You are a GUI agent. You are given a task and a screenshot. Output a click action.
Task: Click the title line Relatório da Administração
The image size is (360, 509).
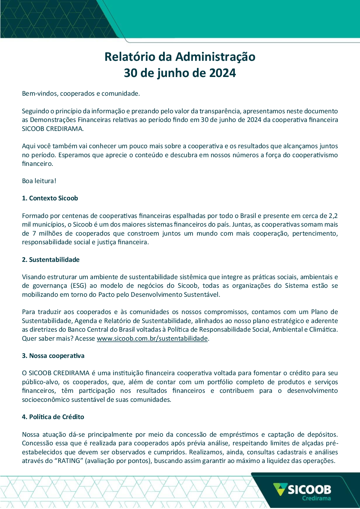(180, 57)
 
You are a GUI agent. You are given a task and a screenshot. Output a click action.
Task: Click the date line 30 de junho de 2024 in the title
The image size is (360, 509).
(180, 73)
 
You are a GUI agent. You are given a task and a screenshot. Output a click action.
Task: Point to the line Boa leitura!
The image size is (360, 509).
(39, 181)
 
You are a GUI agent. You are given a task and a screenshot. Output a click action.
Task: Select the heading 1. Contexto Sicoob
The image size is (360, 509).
(50, 198)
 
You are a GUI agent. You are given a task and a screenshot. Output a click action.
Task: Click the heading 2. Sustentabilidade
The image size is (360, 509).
(50, 260)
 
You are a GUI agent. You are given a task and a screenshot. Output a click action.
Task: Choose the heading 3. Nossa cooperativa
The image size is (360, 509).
(53, 356)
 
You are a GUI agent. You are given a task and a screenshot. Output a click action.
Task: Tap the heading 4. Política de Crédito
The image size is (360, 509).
(53, 417)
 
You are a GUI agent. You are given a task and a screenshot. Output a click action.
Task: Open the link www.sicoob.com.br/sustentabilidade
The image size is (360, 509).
(152, 338)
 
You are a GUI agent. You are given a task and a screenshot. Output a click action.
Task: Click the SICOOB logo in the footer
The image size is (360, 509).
(302, 490)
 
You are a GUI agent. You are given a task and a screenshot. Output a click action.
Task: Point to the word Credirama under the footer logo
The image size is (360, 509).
(316, 499)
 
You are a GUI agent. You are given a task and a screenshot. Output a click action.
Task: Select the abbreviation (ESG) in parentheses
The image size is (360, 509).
(78, 286)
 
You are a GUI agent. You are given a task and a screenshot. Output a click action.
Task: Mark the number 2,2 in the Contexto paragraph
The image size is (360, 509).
(333, 216)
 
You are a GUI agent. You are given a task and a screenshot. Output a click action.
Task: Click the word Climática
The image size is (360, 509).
(323, 330)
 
